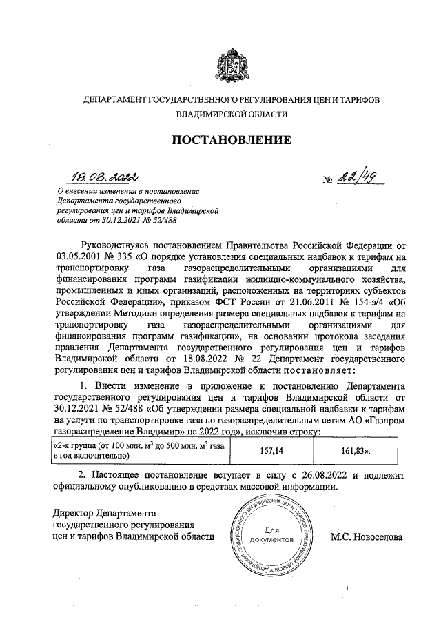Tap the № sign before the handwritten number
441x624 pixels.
328,181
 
